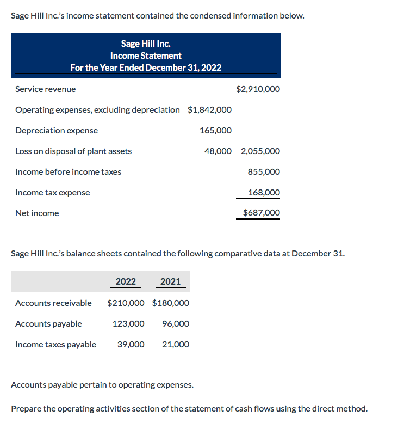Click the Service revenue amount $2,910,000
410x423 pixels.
[258, 89]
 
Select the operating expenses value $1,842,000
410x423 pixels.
[209, 109]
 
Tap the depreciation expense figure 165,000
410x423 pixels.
[215, 130]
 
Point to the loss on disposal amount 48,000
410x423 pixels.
[218, 151]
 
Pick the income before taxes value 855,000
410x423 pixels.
[264, 171]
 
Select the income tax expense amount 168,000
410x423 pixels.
[264, 192]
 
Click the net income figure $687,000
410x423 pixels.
[261, 213]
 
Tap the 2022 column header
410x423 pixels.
[126, 281]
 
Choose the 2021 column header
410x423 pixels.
[171, 281]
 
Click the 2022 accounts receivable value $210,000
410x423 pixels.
[126, 303]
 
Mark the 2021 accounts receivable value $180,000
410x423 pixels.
[171, 303]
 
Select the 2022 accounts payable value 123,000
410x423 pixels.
[128, 323]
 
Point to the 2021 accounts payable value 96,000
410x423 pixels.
[176, 323]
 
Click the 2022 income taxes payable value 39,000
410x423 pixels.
[131, 344]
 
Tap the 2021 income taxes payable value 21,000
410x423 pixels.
[176, 344]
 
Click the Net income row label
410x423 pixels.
[37, 213]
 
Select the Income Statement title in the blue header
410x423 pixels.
[146, 56]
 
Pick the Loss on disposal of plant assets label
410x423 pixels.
[73, 151]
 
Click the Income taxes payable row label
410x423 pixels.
[55, 344]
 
